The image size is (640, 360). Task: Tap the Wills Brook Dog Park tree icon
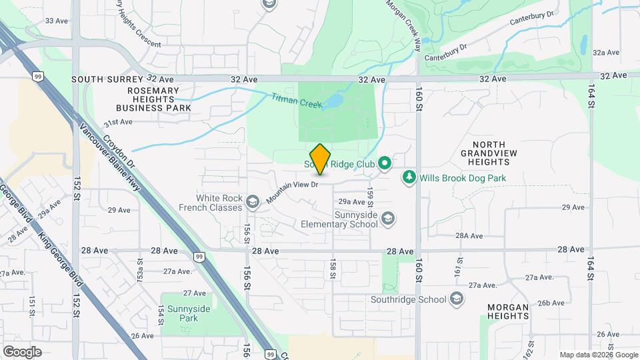[409, 178]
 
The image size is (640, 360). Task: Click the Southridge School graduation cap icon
[457, 299]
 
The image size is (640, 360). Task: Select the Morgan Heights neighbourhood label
[508, 312]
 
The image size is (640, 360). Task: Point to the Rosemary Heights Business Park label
[153, 99]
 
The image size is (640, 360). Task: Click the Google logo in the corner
[22, 352]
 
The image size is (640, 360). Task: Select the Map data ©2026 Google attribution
[598, 355]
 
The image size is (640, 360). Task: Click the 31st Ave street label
[118, 122]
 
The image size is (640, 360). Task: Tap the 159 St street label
[370, 195]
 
